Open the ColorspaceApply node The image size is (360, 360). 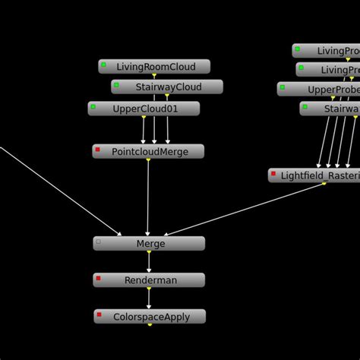150,317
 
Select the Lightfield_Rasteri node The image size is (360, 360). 314,175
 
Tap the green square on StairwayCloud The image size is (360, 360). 117,85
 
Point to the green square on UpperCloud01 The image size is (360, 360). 93,107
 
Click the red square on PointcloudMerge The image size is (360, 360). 98,150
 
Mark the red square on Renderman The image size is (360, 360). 99,279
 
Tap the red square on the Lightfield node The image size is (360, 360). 273,174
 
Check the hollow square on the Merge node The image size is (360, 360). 99,242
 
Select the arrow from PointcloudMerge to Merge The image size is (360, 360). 148,197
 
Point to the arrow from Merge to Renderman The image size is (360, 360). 149,262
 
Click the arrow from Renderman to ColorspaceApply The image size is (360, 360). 149,298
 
